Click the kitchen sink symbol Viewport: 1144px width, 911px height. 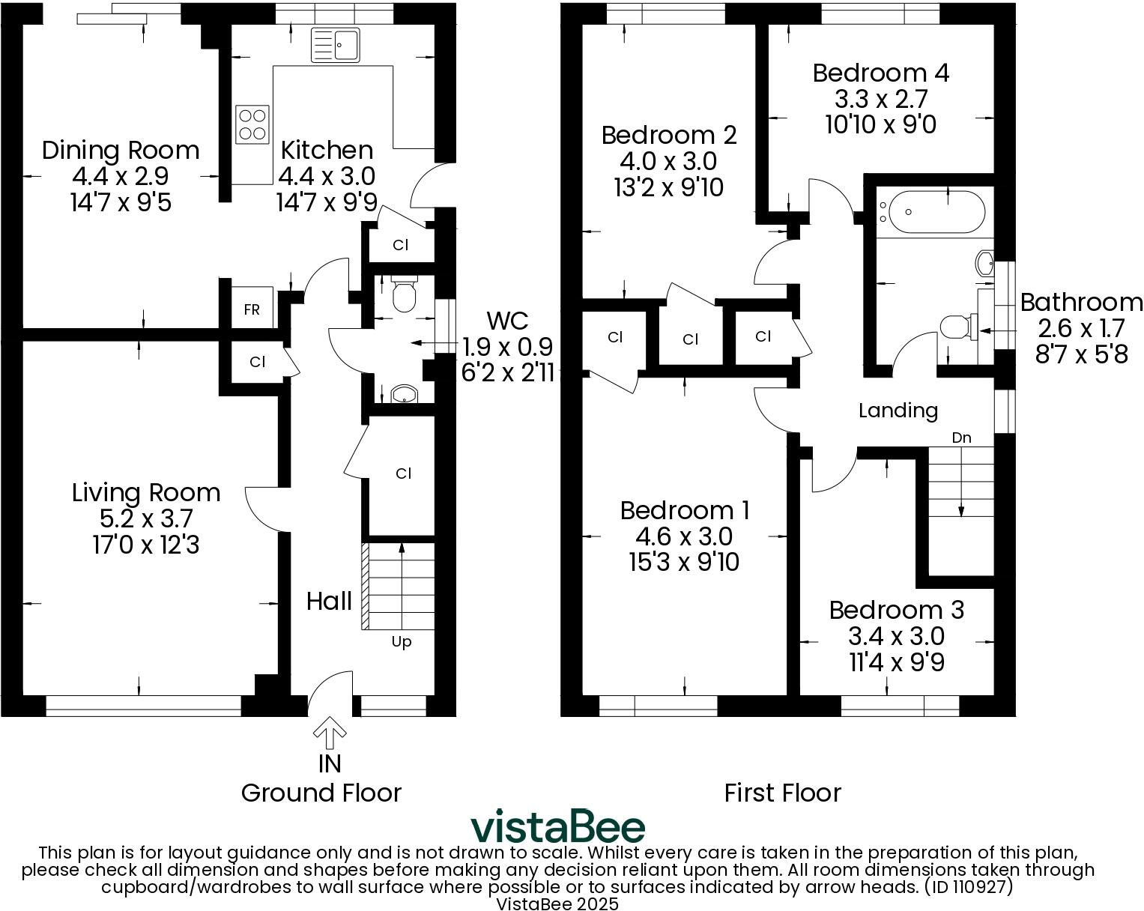(x=336, y=45)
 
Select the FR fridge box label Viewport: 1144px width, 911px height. (x=252, y=309)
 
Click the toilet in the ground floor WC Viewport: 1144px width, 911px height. (x=404, y=294)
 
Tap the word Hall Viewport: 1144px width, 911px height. (x=329, y=601)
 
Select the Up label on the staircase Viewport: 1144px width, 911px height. (x=402, y=642)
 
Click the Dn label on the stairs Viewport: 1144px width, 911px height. (x=961, y=438)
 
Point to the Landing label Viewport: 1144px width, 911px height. (x=898, y=411)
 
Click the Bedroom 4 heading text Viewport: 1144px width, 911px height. (x=880, y=73)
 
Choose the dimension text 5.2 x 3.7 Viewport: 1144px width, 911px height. (x=146, y=518)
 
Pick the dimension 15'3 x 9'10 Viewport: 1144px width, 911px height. (x=684, y=562)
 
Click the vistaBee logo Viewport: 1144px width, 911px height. (x=557, y=827)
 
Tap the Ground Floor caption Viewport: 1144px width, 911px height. (x=321, y=793)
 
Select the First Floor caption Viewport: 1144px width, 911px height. (x=782, y=793)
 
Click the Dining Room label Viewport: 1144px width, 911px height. (x=121, y=151)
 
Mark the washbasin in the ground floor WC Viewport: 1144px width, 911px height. (x=404, y=394)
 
